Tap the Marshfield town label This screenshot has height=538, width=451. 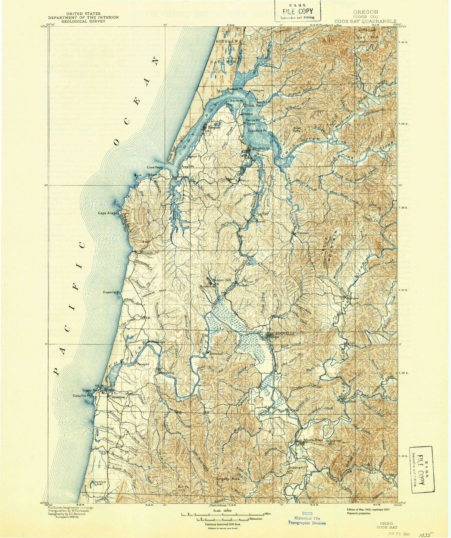(x=261, y=149)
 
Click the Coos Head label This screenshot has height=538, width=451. (x=155, y=168)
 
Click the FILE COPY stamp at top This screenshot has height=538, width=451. (x=297, y=11)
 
